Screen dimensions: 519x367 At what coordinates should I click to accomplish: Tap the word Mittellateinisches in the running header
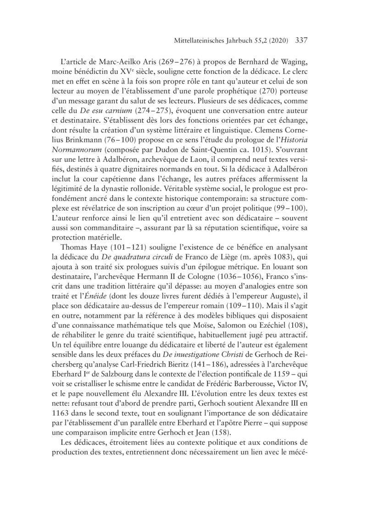(x=192, y=40)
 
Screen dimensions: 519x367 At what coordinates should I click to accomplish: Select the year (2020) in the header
(x=277, y=40)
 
